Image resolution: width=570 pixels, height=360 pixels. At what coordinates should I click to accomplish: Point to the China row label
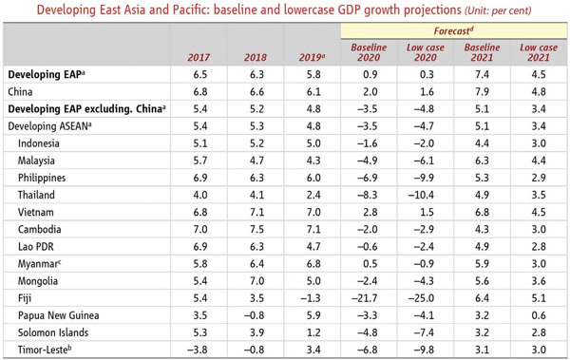(23, 91)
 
